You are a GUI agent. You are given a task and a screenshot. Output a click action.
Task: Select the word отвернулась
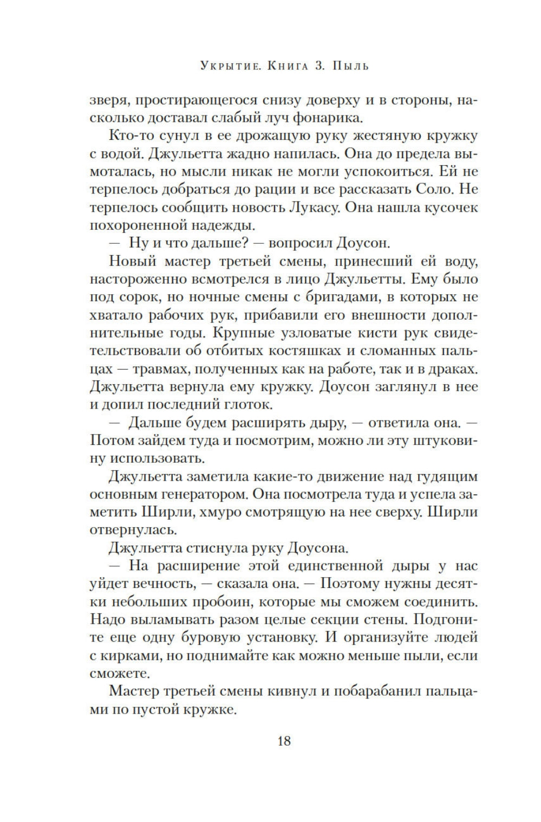[132, 530]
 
